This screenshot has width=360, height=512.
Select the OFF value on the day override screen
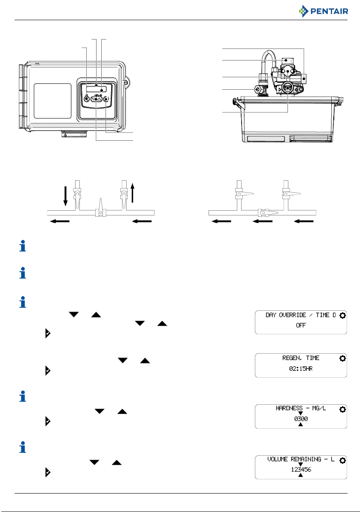click(300, 325)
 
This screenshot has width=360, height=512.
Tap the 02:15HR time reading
click(300, 368)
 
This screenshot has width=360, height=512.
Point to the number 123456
click(300, 470)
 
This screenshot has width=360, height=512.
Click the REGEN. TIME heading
click(300, 358)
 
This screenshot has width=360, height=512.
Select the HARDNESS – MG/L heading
click(300, 408)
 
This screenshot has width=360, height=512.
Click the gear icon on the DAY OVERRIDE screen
click(342, 315)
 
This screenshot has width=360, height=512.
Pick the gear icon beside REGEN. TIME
click(342, 358)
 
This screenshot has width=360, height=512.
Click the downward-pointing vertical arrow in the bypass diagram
click(65, 197)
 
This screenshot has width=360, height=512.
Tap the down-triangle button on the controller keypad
click(94, 99)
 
